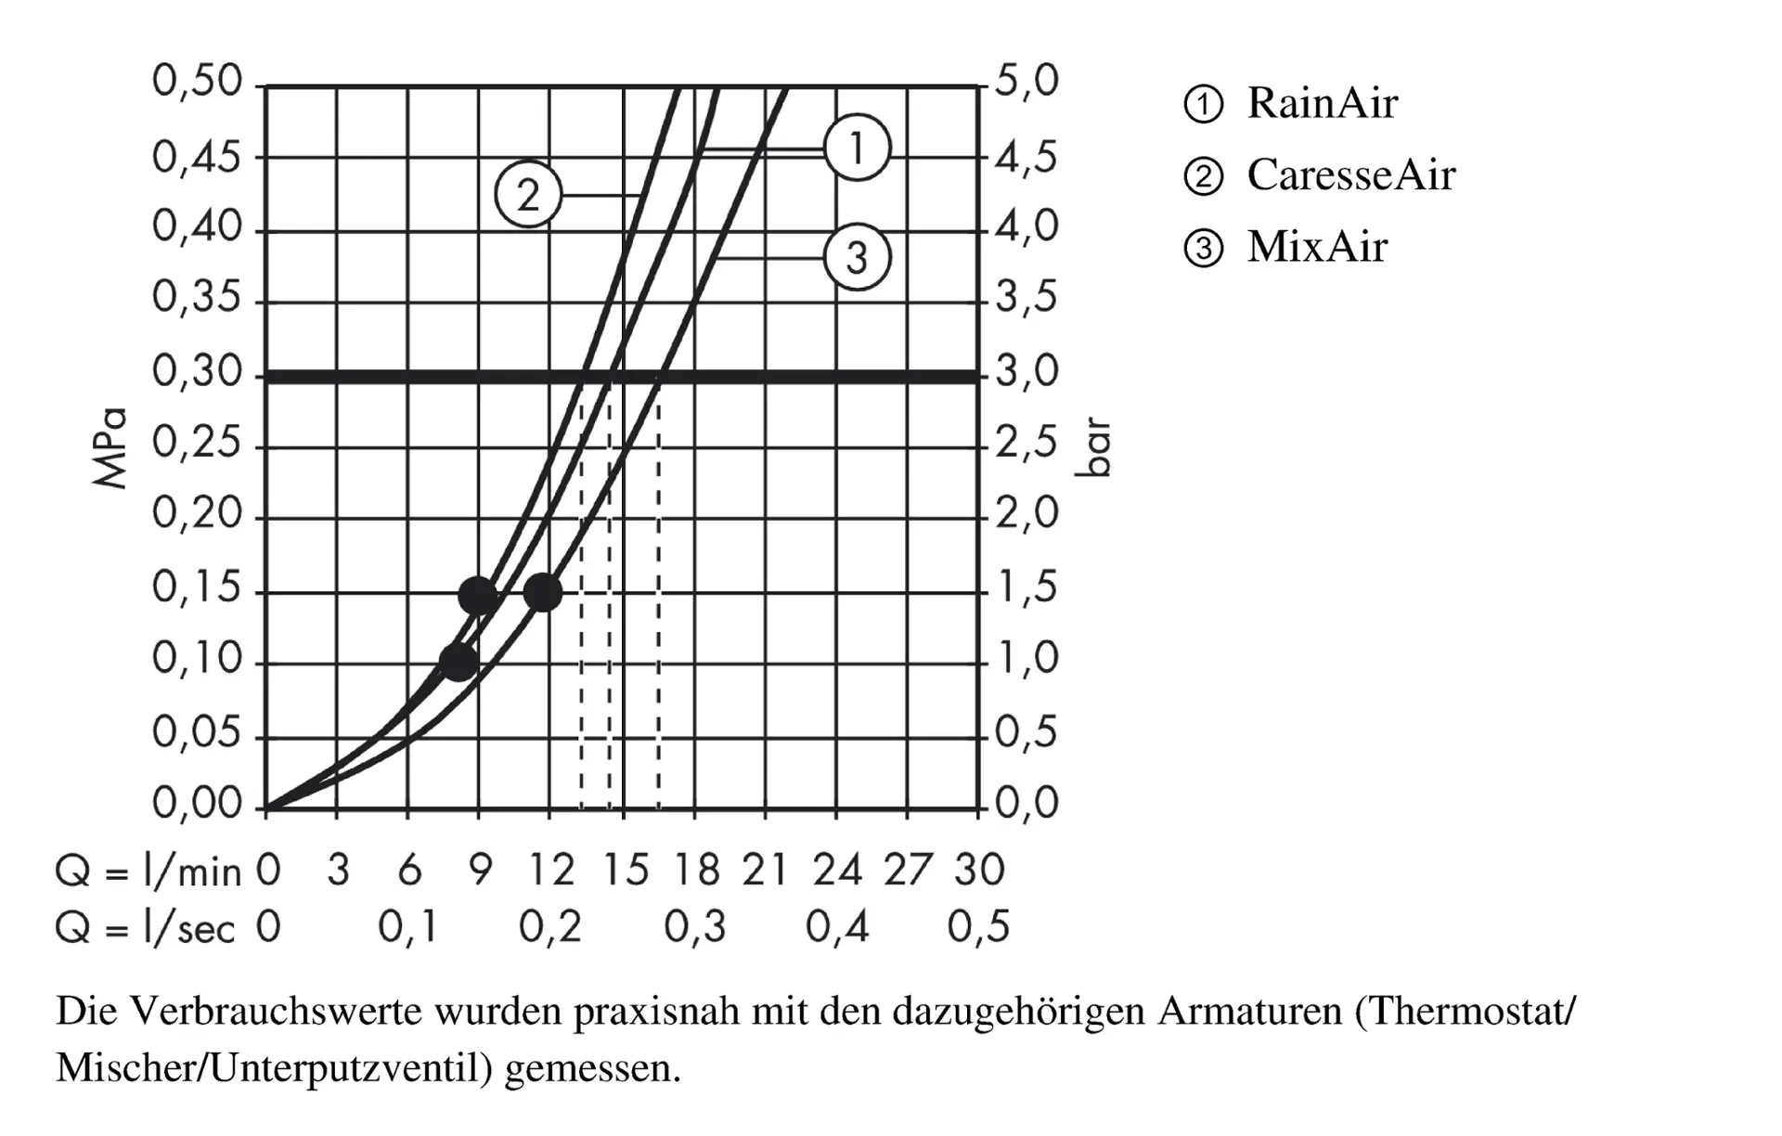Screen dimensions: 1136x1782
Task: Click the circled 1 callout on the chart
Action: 857,148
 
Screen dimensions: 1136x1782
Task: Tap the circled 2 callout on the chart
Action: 528,195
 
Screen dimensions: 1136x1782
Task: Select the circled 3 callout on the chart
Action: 857,257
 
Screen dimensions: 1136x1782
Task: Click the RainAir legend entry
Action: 1322,103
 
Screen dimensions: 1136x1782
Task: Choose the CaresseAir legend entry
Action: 1350,174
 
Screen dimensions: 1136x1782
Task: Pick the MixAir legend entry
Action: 1316,247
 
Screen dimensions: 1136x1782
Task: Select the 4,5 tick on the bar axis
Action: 1027,158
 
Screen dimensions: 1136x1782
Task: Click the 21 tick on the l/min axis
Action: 765,871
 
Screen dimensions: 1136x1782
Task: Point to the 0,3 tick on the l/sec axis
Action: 694,927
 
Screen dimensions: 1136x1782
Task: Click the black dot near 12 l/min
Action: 543,592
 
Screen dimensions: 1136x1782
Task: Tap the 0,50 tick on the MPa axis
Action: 197,82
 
